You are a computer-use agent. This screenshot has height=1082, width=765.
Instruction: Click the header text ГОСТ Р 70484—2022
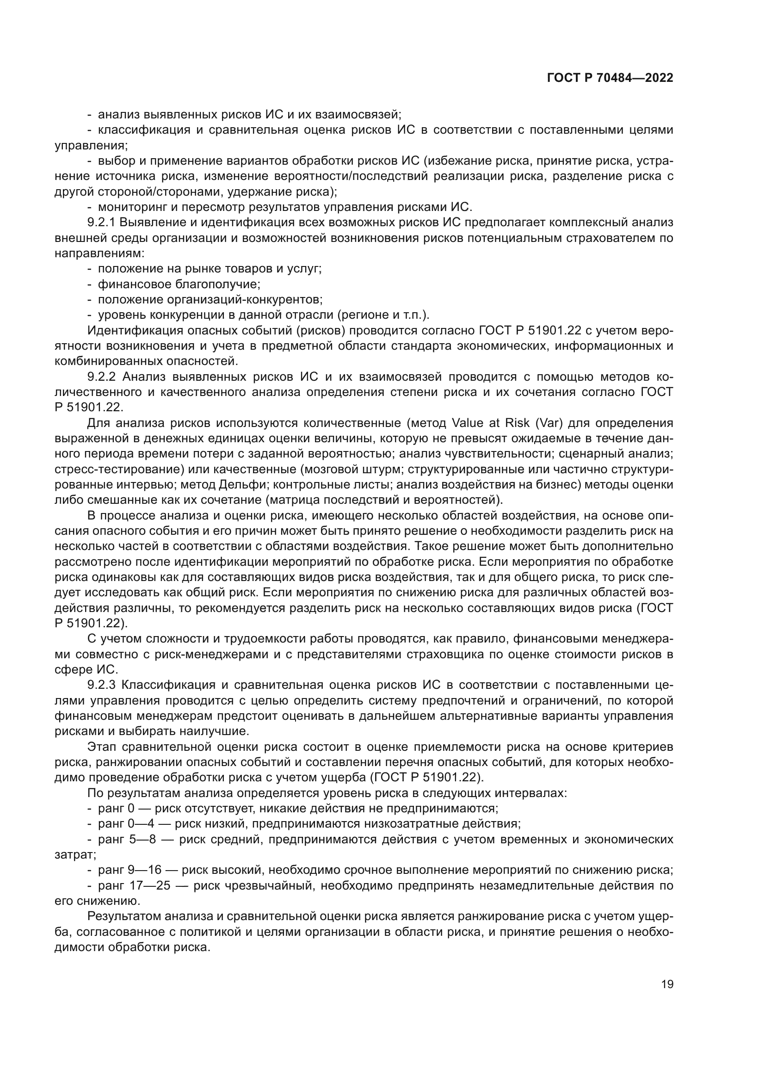[x=610, y=78]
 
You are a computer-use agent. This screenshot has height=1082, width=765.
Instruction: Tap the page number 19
[x=667, y=984]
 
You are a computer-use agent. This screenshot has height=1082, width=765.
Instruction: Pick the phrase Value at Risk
[x=490, y=423]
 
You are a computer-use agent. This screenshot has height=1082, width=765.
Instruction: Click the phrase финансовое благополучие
[x=179, y=284]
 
